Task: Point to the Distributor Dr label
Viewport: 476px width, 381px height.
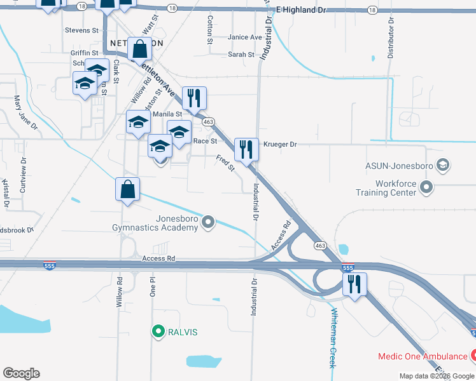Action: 391,39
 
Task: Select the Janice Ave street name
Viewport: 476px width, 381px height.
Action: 245,37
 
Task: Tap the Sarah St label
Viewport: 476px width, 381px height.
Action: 241,55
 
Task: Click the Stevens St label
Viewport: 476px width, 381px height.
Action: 82,30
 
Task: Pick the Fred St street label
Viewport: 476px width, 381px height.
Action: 225,164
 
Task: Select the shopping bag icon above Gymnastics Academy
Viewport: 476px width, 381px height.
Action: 127,189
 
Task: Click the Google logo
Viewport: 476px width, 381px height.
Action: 21,373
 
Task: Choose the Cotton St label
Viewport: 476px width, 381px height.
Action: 209,30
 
